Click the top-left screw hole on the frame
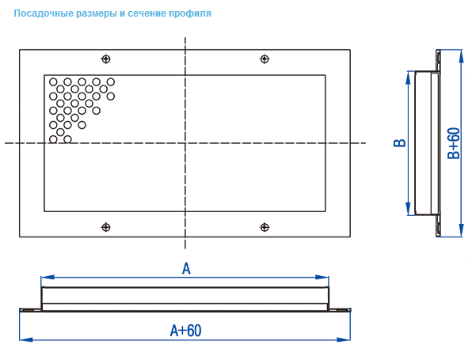click(x=105, y=59)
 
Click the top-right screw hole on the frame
click(x=265, y=59)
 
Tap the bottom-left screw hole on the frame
click(x=105, y=227)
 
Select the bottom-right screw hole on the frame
click(x=265, y=227)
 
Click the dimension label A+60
click(x=186, y=330)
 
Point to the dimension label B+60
click(x=454, y=143)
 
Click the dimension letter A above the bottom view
click(x=186, y=268)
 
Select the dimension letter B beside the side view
click(x=400, y=143)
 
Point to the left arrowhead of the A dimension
click(x=48, y=277)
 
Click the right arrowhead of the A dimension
click(x=322, y=277)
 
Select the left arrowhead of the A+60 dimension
click(x=26, y=339)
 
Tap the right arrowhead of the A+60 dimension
click(x=344, y=339)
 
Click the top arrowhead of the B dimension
click(x=408, y=78)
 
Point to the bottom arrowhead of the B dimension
click(x=408, y=209)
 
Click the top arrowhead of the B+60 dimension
click(x=461, y=56)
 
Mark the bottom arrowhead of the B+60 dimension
click(x=461, y=230)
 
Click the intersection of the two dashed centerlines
click(x=185, y=143)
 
